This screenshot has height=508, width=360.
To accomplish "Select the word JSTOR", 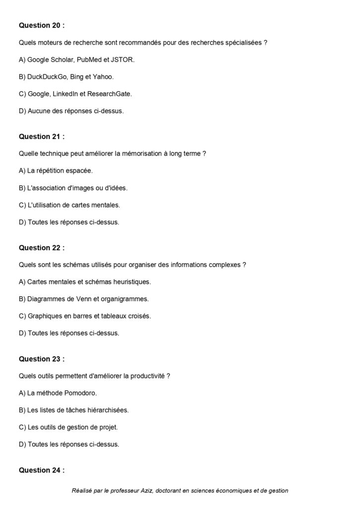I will [124, 60].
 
